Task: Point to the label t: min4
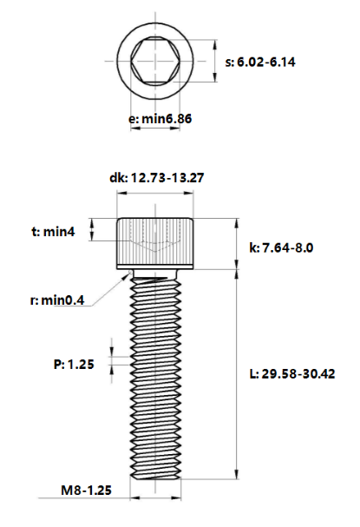click(x=55, y=232)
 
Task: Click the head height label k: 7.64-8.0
click(x=281, y=247)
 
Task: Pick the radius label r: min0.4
click(x=56, y=300)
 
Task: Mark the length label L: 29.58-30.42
click(x=292, y=373)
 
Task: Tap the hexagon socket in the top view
click(x=154, y=63)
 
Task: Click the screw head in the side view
click(x=154, y=243)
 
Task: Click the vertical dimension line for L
click(x=237, y=373)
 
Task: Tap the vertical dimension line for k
click(x=237, y=243)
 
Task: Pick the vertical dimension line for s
click(x=213, y=63)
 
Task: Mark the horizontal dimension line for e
click(x=154, y=129)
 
